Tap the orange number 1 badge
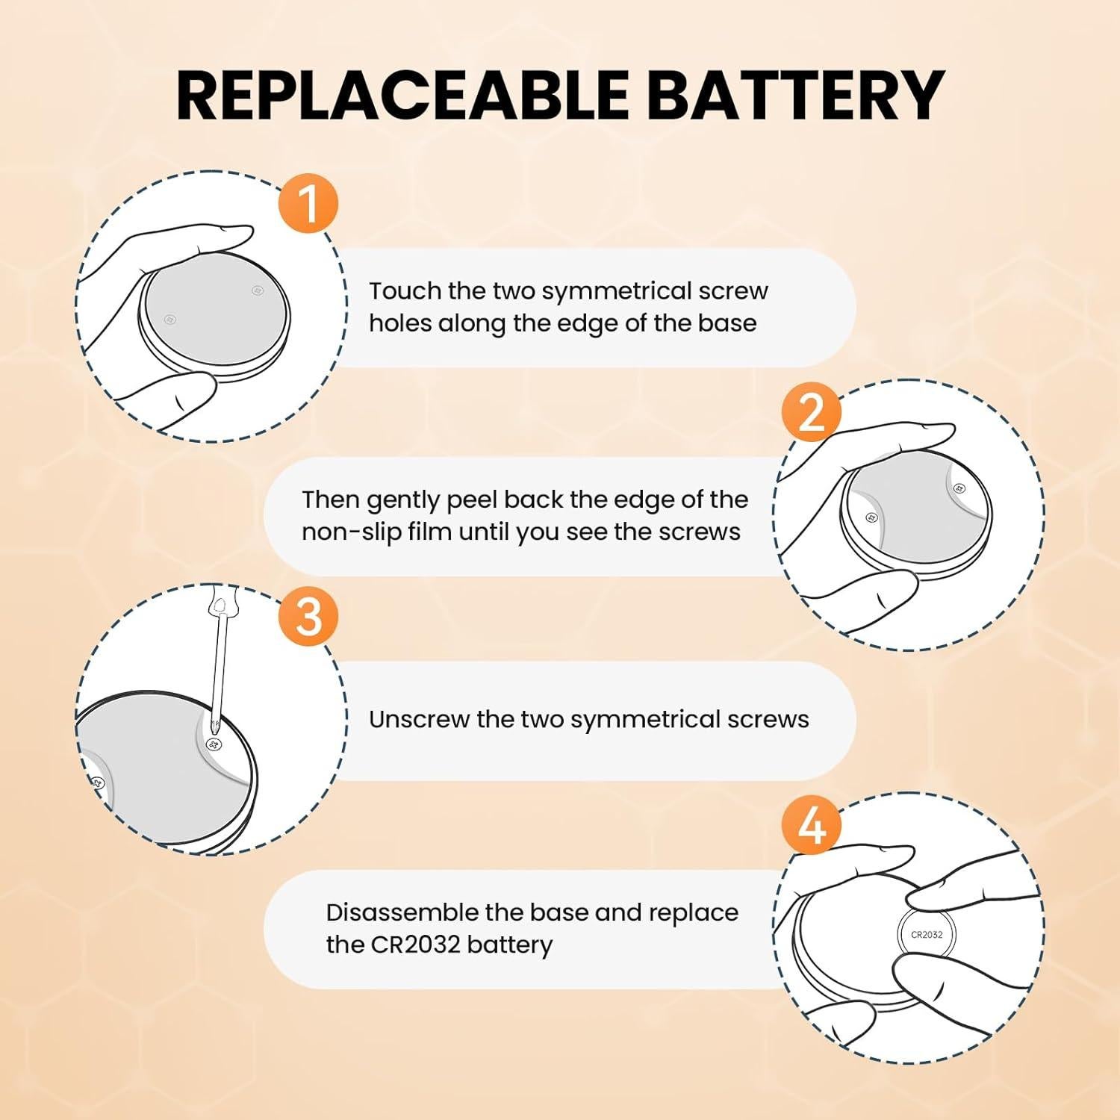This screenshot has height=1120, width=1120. tap(308, 203)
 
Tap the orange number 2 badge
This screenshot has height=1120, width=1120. tap(812, 412)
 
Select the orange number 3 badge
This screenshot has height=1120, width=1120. tap(308, 617)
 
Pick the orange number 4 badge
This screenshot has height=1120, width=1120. tap(812, 826)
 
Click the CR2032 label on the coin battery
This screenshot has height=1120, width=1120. tap(927, 934)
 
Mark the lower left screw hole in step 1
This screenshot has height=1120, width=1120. tap(170, 320)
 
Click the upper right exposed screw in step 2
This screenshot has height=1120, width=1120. tap(959, 489)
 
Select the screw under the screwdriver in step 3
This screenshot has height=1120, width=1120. tap(214, 745)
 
